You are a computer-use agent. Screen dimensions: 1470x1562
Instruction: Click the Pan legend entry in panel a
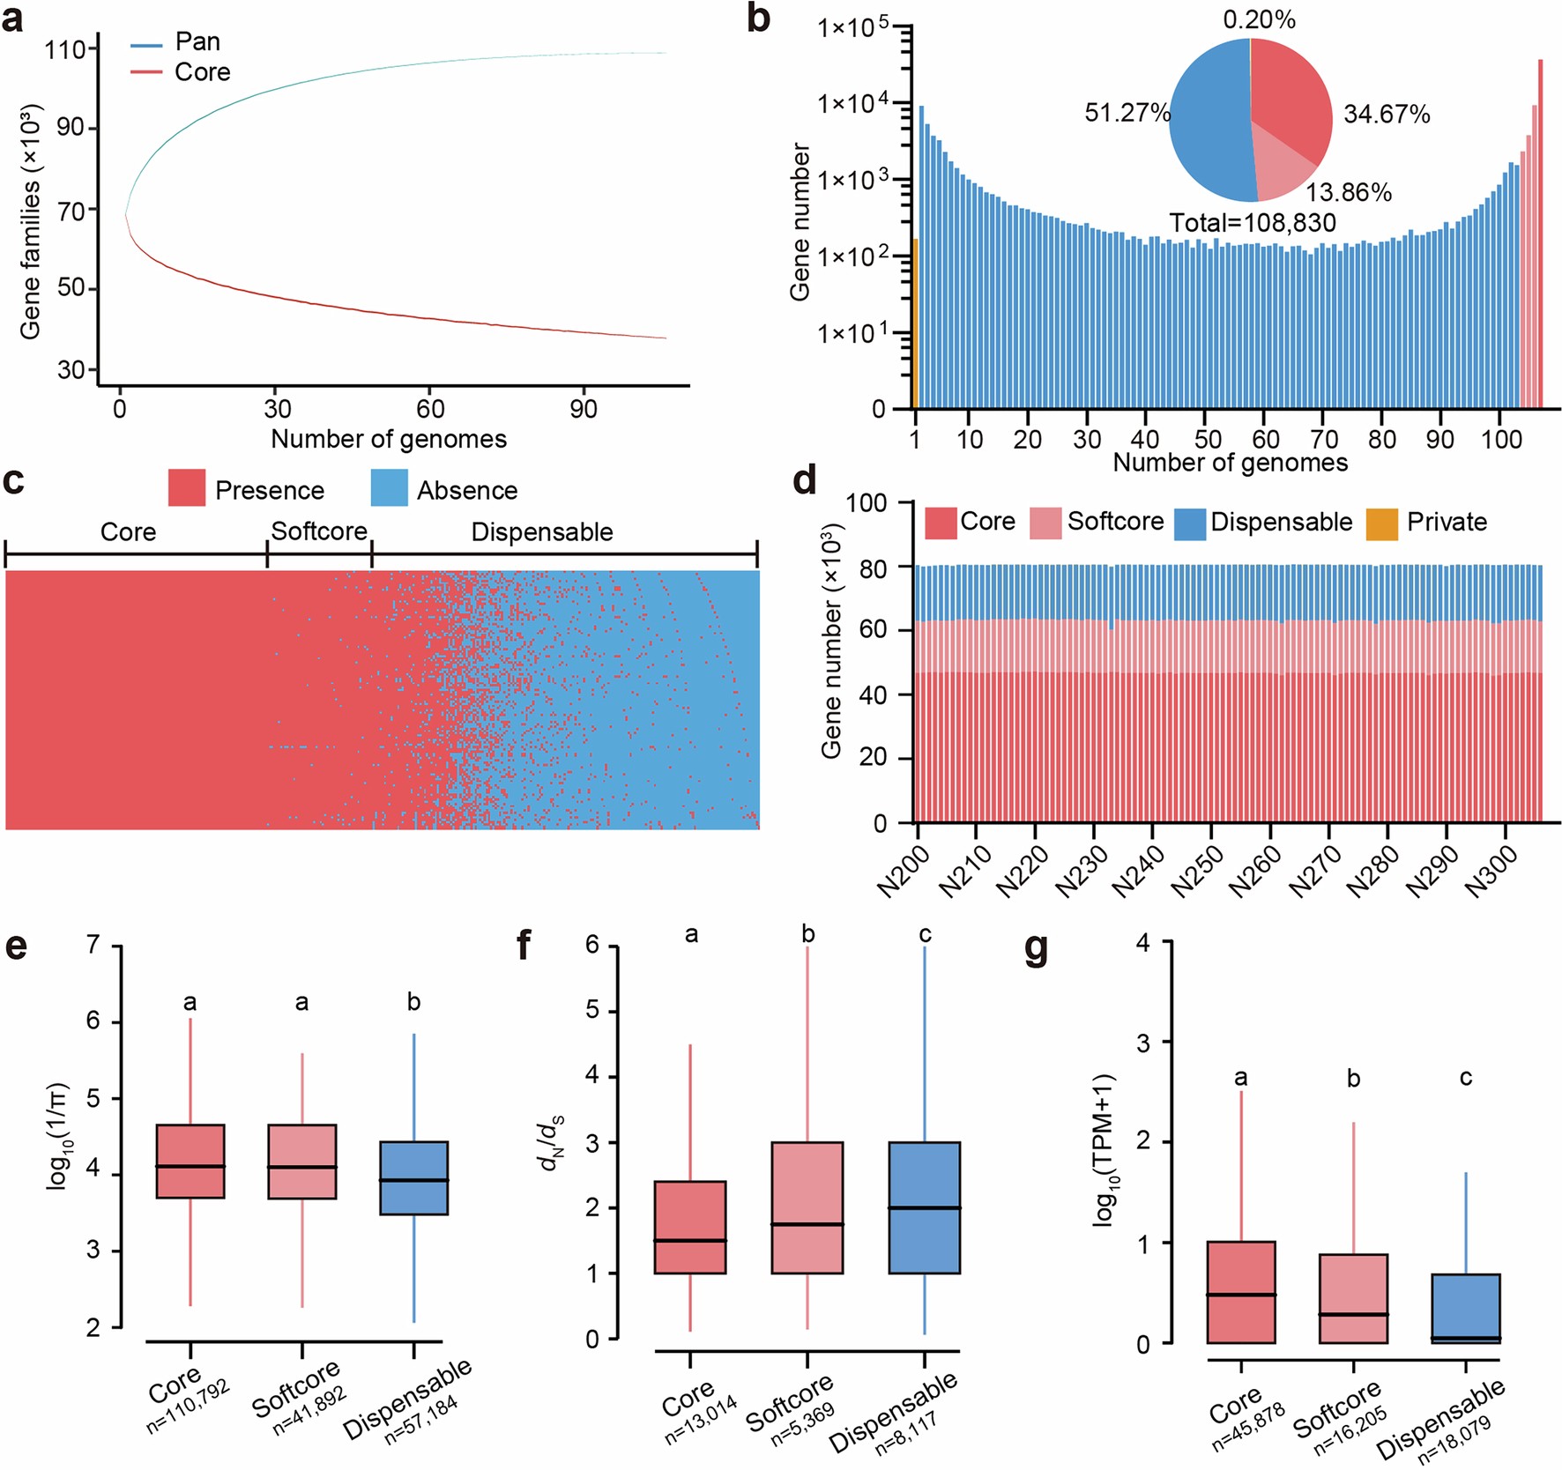196,41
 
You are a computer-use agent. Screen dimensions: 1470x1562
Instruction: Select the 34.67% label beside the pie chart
1386,115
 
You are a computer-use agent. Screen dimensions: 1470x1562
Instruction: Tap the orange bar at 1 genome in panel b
915,323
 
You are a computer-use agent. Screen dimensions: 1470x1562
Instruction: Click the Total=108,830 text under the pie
1252,223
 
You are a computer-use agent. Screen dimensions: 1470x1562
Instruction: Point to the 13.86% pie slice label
1348,192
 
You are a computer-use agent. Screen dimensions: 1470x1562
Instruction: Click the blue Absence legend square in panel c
389,488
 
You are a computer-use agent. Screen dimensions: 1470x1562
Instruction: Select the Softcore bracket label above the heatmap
319,531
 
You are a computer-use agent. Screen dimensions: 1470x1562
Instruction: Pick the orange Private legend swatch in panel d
1381,523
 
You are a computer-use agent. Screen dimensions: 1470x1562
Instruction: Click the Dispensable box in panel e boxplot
413,1177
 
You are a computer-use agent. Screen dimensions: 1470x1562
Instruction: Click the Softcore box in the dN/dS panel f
807,1207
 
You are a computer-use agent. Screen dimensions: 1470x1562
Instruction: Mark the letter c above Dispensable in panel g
1465,1077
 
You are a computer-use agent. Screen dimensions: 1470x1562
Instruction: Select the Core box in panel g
1240,1292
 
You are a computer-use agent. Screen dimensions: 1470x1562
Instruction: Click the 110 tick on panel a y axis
65,49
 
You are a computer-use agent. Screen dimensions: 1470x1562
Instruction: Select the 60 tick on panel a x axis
430,409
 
